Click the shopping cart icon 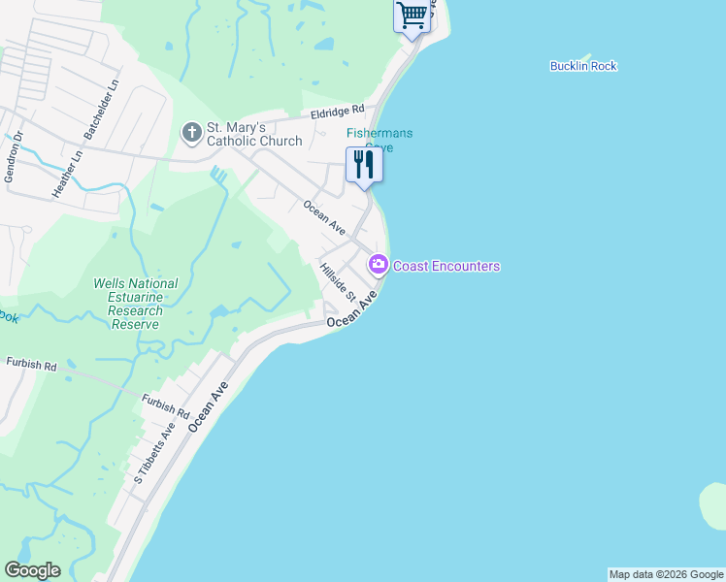click(x=412, y=16)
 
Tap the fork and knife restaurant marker click(x=364, y=163)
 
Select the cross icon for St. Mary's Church click(x=191, y=131)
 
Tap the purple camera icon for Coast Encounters click(x=378, y=265)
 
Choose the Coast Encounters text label click(x=446, y=266)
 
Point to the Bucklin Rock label click(x=583, y=66)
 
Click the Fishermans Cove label click(x=370, y=140)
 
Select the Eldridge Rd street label click(x=337, y=113)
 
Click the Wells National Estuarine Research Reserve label click(x=135, y=304)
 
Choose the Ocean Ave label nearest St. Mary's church click(x=323, y=217)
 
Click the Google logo click(x=32, y=570)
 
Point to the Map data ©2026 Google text click(x=666, y=574)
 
